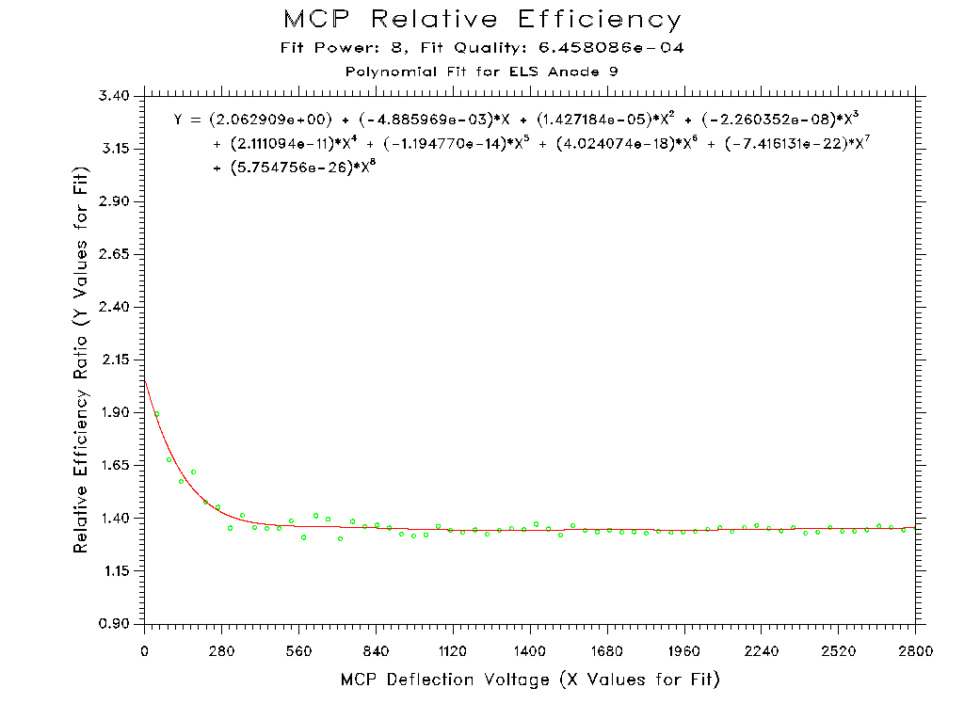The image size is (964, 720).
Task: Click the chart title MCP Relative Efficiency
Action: coord(482,20)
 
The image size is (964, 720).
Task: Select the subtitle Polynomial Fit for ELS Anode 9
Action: coord(482,72)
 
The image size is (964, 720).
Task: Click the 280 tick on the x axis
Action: coord(222,650)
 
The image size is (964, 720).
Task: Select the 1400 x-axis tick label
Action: coord(530,650)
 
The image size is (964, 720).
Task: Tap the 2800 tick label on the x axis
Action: coord(915,650)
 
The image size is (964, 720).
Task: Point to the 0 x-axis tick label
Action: coord(145,650)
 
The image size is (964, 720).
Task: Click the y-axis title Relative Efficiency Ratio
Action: coord(82,361)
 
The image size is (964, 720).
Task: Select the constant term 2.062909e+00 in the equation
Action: coord(272,120)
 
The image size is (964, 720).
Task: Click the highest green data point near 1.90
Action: coord(157,414)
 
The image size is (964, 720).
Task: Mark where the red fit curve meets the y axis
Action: coord(145,379)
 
